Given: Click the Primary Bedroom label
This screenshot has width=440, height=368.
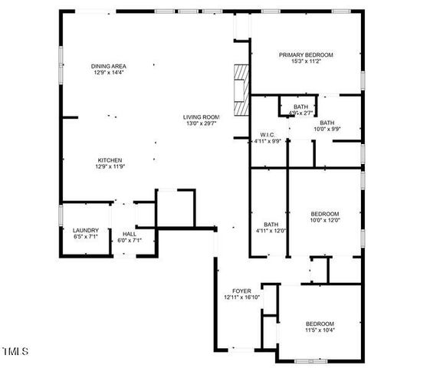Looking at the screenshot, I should coord(306,55).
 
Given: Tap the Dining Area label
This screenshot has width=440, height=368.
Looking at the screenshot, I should coord(108,67).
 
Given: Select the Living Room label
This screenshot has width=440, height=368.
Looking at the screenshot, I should coord(200,117).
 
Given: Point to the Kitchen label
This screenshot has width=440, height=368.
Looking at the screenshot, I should coord(109,159).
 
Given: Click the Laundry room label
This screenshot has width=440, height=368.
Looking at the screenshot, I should coord(85,231).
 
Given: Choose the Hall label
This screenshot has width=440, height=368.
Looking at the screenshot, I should coord(129,234).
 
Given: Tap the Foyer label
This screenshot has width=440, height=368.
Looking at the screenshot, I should coord(242,291).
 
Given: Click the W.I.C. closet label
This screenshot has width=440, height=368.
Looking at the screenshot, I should coord(268,134).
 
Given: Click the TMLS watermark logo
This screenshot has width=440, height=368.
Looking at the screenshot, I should coord(15,352).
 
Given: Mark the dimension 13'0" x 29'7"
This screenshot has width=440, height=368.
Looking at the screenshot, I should coord(200,123).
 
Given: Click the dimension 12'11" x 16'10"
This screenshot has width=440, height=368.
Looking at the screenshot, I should coord(242,298).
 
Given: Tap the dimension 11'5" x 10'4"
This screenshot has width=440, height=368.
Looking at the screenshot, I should coord(320,330).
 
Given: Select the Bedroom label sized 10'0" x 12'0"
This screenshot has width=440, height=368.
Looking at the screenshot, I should coord(324,214).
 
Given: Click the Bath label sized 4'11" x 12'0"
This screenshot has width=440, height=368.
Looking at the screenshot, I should coord(271,224).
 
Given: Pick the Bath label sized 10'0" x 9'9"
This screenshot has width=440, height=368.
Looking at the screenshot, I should coord(327,123).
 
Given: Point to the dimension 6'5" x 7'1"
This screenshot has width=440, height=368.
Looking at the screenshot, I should coord(85,238).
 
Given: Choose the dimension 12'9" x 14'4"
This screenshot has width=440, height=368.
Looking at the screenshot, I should coord(108,74).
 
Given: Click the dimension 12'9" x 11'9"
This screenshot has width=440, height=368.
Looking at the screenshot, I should coord(109,166).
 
